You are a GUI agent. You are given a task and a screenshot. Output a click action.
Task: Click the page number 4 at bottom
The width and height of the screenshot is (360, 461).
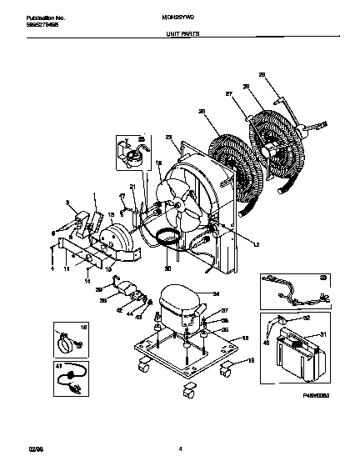tap(180, 448)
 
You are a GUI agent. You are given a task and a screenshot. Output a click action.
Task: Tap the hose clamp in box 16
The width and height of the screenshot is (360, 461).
tap(63, 343)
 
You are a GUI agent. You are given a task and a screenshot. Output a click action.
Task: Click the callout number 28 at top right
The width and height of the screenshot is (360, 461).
tap(261, 75)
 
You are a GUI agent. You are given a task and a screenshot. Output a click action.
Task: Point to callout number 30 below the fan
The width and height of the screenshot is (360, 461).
tap(167, 268)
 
